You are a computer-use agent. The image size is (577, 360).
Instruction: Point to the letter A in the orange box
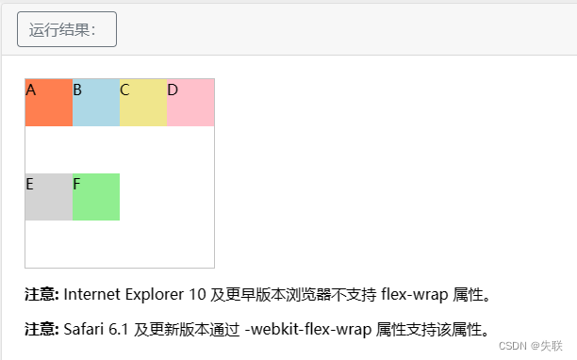[x=31, y=90]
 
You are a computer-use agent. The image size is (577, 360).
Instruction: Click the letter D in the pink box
[x=173, y=90]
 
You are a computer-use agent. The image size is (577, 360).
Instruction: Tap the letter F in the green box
[x=77, y=184]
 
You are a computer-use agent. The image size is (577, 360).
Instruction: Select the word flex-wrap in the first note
[x=415, y=295]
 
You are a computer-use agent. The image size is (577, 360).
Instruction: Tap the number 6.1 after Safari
[x=119, y=329]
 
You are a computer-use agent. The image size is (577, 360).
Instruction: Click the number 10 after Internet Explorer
[x=198, y=295]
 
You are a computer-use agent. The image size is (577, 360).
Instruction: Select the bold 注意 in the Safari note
[x=41, y=329]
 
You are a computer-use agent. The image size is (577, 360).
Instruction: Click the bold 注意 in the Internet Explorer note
[x=41, y=295]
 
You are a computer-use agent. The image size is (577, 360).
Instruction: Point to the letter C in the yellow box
[x=124, y=90]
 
